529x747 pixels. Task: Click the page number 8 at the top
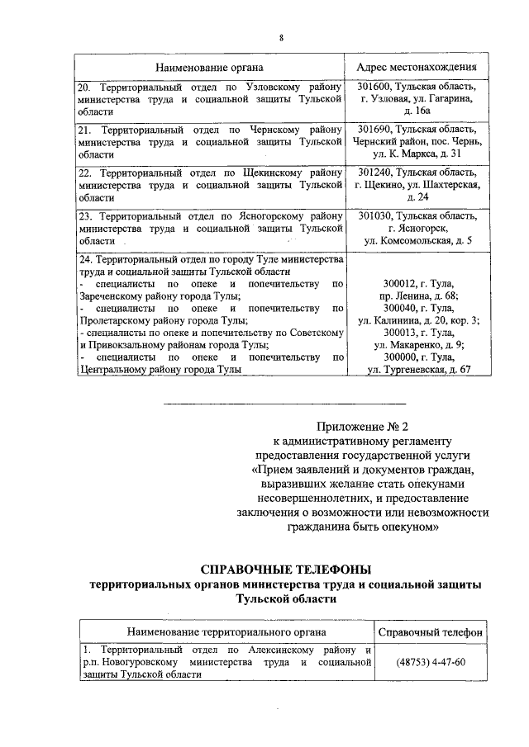coord(281,38)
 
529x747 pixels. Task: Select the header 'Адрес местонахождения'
coord(417,67)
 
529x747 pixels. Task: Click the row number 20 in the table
coord(84,87)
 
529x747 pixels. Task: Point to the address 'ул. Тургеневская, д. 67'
coord(418,370)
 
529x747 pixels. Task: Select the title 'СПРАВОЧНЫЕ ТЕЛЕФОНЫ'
coord(287,569)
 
